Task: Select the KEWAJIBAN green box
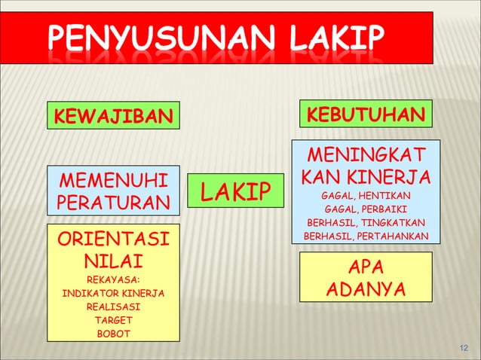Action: pyautogui.click(x=113, y=116)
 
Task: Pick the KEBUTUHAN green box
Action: pyautogui.click(x=366, y=114)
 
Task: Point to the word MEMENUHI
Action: pyautogui.click(x=114, y=182)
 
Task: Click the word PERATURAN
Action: pyautogui.click(x=114, y=203)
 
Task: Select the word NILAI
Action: pyautogui.click(x=114, y=261)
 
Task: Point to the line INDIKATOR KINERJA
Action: pyautogui.click(x=114, y=294)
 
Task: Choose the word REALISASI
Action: pyautogui.click(x=114, y=307)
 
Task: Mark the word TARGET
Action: pyautogui.click(x=114, y=320)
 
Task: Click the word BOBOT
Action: pyautogui.click(x=114, y=333)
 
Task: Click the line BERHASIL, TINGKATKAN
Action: pyautogui.click(x=366, y=223)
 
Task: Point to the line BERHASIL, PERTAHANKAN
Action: pyautogui.click(x=366, y=236)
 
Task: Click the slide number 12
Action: pyautogui.click(x=464, y=346)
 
